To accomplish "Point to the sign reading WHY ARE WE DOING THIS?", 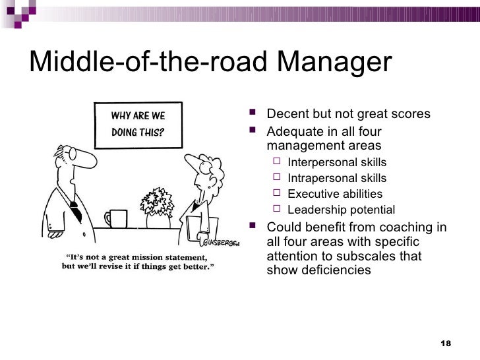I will (138, 123).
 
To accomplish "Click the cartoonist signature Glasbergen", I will (222, 240).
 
